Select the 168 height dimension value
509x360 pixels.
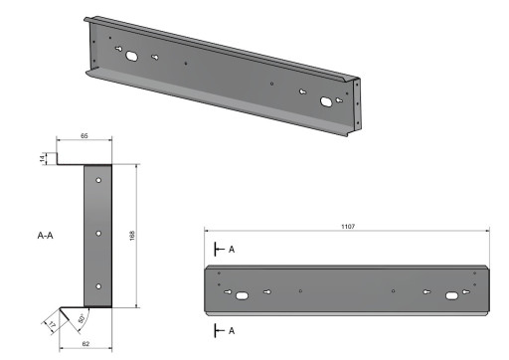coord(133,236)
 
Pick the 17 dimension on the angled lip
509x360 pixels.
coord(51,325)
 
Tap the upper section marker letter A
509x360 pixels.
coord(232,249)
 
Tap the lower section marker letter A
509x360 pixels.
coord(232,329)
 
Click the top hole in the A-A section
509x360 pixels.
coord(99,181)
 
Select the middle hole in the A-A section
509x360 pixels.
coord(99,235)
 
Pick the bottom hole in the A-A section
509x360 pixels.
coord(99,286)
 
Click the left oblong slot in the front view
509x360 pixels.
coord(242,292)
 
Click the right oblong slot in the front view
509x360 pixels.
coord(453,293)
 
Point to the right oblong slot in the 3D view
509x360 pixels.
coord(327,100)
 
